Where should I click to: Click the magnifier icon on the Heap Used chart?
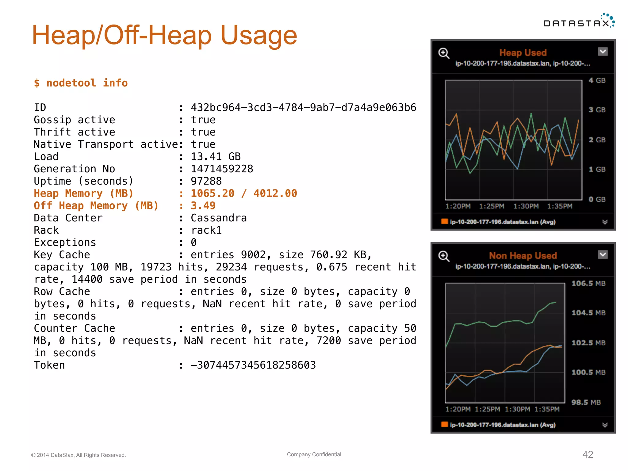pyautogui.click(x=444, y=53)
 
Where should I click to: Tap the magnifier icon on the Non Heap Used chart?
pyautogui.click(x=444, y=256)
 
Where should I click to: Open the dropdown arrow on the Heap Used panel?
pyautogui.click(x=603, y=52)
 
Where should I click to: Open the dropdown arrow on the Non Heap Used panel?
pyautogui.click(x=603, y=255)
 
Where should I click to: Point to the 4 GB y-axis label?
pyautogui.click(x=597, y=80)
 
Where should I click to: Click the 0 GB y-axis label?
pyautogui.click(x=597, y=199)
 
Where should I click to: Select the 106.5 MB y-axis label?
pyautogui.click(x=588, y=283)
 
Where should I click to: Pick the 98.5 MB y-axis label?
pyautogui.click(x=586, y=402)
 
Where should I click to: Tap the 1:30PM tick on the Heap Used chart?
pyautogui.click(x=526, y=206)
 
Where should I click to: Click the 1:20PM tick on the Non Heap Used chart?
pyautogui.click(x=458, y=409)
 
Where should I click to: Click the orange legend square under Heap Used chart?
pyautogui.click(x=444, y=221)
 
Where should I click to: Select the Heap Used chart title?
pyautogui.click(x=523, y=53)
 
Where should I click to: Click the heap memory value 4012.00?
pyautogui.click(x=275, y=193)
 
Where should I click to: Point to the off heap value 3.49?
pyautogui.click(x=203, y=206)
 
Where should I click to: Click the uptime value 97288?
pyautogui.click(x=206, y=181)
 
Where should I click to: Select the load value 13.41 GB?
pyautogui.click(x=216, y=157)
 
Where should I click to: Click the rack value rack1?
pyautogui.click(x=206, y=230)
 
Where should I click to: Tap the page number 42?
pyautogui.click(x=588, y=454)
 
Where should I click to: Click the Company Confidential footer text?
pyautogui.click(x=314, y=454)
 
